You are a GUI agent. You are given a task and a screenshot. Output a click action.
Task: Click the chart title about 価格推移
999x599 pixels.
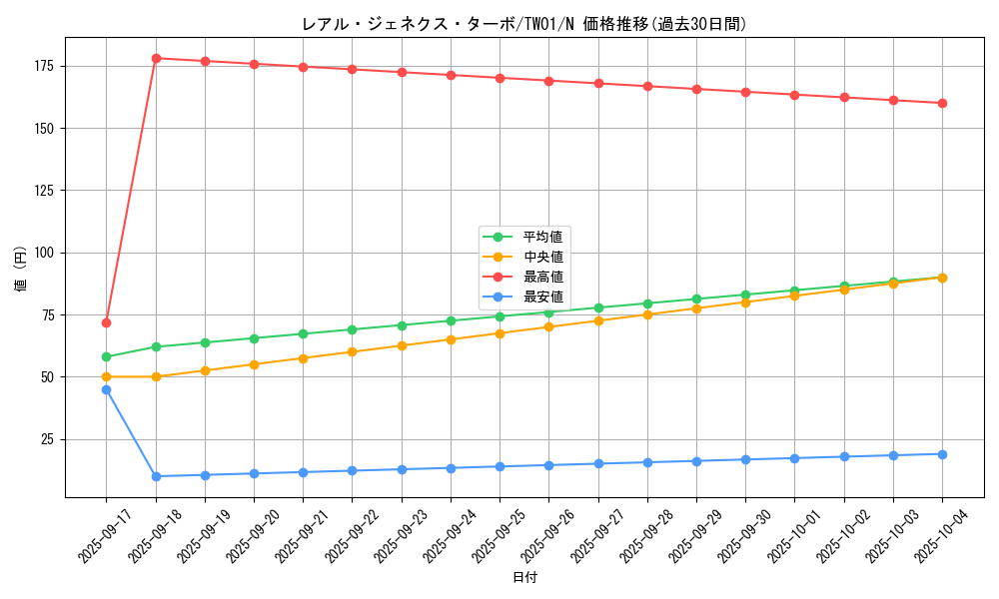[523, 24]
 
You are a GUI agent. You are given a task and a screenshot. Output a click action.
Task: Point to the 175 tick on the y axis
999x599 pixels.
[47, 66]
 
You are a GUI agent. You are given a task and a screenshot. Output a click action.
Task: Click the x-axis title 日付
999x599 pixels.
[524, 578]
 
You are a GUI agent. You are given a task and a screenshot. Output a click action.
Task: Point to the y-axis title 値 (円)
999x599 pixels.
[21, 269]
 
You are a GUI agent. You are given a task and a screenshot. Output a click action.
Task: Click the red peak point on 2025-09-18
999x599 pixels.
[156, 58]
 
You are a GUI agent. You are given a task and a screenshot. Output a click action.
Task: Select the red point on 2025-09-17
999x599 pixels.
[106, 322]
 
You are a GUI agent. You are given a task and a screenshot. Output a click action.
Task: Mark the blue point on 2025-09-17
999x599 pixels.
[106, 389]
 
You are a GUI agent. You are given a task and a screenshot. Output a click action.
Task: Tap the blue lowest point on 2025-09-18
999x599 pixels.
[156, 476]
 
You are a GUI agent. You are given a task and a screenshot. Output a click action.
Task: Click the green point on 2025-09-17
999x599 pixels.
[106, 356]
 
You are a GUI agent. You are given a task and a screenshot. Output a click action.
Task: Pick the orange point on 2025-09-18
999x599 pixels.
[156, 376]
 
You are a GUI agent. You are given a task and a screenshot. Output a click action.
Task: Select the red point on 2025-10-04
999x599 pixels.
[942, 103]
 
